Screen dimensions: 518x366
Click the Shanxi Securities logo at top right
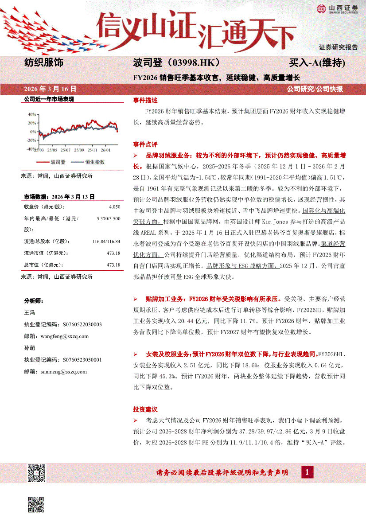337,9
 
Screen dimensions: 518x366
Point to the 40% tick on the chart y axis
32,114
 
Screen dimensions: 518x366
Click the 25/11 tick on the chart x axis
93,151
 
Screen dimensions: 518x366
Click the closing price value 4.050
114,207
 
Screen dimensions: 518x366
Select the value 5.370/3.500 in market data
108,218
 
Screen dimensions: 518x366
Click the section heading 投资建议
145,409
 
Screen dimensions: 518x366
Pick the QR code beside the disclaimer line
37,472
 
